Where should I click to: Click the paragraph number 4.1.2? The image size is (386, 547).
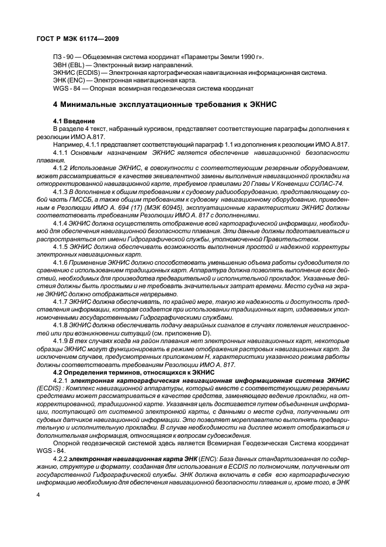click(61, 167)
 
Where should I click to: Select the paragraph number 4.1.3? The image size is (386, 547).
click(61, 191)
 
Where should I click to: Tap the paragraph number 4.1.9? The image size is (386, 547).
click(61, 340)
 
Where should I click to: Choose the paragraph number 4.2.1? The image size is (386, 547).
click(61, 380)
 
